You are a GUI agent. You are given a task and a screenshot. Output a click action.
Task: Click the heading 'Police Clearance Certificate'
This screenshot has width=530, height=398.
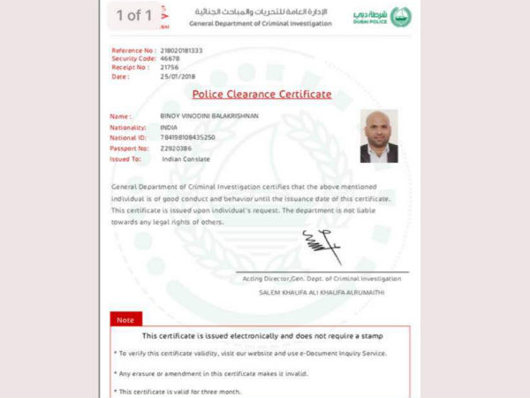coord(262,94)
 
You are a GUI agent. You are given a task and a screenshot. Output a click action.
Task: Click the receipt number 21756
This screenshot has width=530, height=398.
coord(170,67)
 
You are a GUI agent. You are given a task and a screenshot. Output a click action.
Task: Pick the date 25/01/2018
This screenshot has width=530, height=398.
coord(178,76)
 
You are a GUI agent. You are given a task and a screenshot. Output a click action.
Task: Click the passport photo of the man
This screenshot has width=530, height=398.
coord(379,136)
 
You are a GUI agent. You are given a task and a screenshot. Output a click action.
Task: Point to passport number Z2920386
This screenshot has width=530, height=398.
coord(176,148)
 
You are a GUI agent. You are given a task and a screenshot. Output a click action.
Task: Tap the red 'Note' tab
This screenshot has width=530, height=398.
coord(125,319)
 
